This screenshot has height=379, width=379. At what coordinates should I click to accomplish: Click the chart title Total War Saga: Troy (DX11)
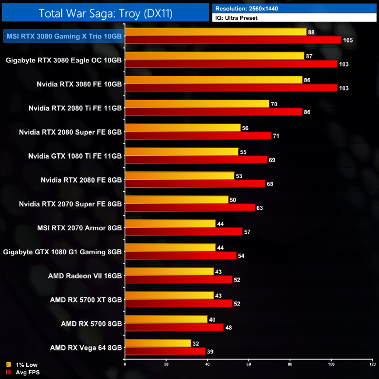105,13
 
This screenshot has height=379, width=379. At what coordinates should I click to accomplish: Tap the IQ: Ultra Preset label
236,18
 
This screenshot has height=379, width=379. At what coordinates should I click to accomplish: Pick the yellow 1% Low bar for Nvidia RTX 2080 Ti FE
197,104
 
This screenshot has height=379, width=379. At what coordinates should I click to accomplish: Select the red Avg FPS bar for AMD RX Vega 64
165,351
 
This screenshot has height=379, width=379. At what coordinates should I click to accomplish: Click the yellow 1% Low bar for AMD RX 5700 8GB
166,319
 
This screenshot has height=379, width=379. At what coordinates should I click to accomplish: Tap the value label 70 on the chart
275,104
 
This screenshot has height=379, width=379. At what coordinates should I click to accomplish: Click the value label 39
211,351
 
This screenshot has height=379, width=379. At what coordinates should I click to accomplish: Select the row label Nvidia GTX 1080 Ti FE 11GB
75,156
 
